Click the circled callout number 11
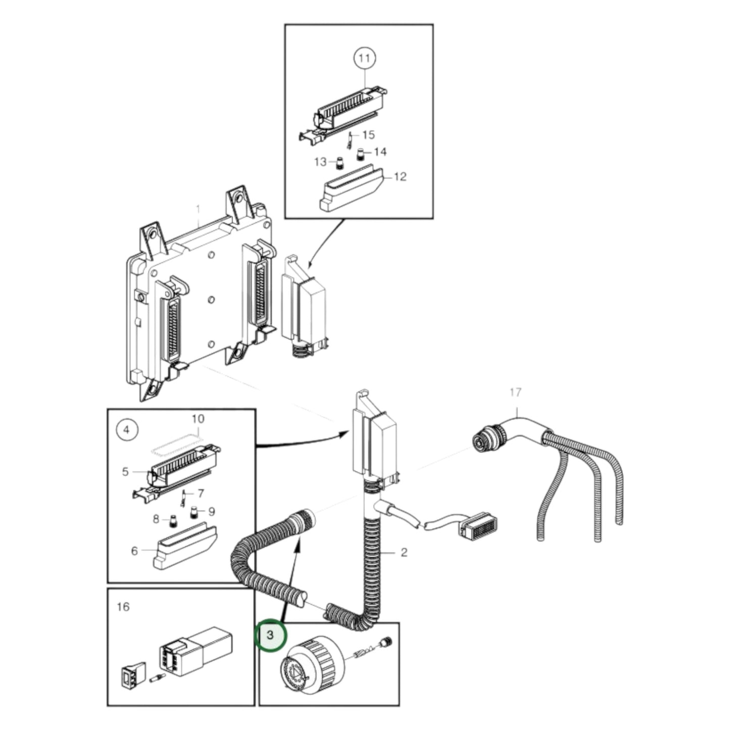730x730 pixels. point(364,58)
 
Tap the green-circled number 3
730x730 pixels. point(270,634)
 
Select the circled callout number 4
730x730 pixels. point(126,430)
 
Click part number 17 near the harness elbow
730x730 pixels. point(515,392)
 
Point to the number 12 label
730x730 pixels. point(400,177)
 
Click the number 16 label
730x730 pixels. point(123,606)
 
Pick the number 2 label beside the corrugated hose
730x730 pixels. point(404,552)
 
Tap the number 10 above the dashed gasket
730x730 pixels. point(198,419)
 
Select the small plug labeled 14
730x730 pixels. point(361,154)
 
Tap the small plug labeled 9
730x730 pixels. point(193,514)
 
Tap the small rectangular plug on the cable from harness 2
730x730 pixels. point(476,528)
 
